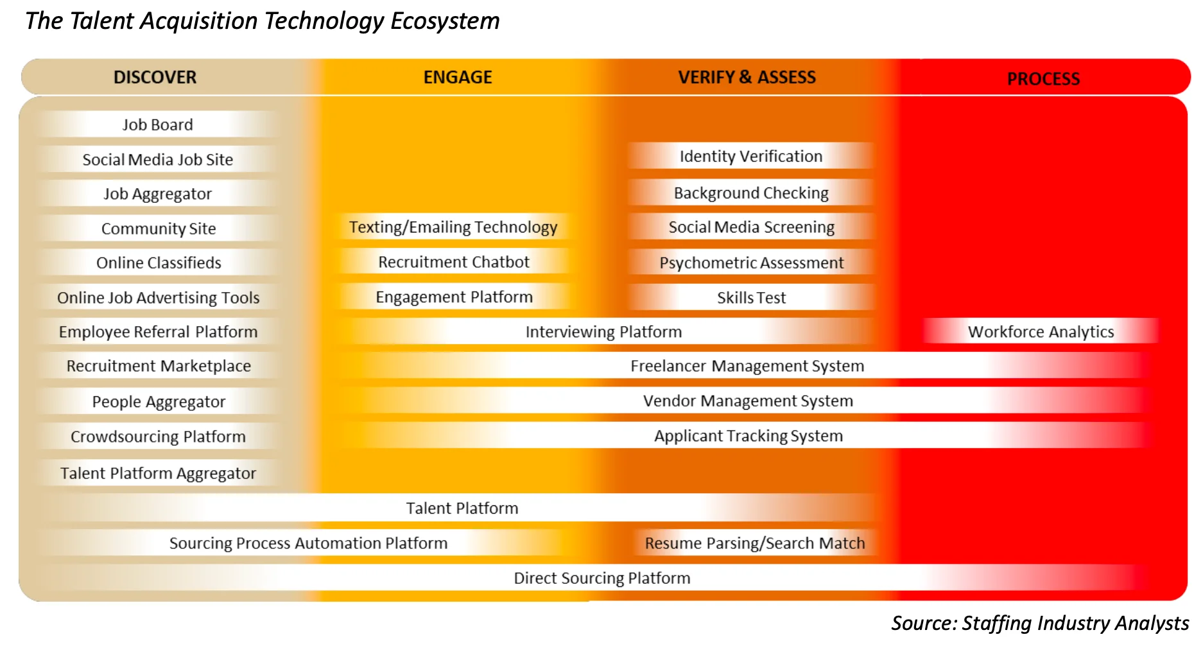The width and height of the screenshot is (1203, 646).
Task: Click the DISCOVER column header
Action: tap(155, 77)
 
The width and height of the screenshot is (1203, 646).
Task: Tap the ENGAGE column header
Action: tap(458, 77)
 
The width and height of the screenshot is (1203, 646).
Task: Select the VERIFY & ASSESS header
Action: tap(747, 77)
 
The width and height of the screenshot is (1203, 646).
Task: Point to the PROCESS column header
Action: tap(1043, 79)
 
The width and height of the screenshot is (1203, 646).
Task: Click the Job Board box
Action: tap(158, 125)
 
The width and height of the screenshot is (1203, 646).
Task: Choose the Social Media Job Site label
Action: tap(158, 159)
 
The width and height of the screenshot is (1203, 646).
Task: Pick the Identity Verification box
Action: tap(751, 156)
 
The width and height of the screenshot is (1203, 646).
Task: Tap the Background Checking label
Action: tap(751, 193)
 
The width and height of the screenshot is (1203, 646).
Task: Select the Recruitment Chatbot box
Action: tap(454, 262)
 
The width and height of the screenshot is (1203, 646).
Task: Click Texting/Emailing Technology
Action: tap(453, 227)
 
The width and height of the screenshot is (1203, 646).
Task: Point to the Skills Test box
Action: tap(751, 297)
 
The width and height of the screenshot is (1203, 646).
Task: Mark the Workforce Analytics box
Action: tap(1041, 331)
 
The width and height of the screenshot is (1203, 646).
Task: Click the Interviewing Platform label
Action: tap(603, 331)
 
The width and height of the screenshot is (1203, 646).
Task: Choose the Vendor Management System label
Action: tap(748, 401)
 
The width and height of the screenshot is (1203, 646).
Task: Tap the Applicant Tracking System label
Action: tap(749, 435)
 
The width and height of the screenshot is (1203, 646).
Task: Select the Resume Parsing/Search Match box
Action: tap(755, 543)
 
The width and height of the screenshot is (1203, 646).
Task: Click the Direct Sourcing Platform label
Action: tap(602, 578)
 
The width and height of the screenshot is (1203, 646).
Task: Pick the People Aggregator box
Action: tap(159, 401)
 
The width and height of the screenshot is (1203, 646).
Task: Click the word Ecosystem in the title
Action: tap(445, 21)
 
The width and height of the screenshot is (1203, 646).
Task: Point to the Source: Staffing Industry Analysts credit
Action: tap(1040, 623)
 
